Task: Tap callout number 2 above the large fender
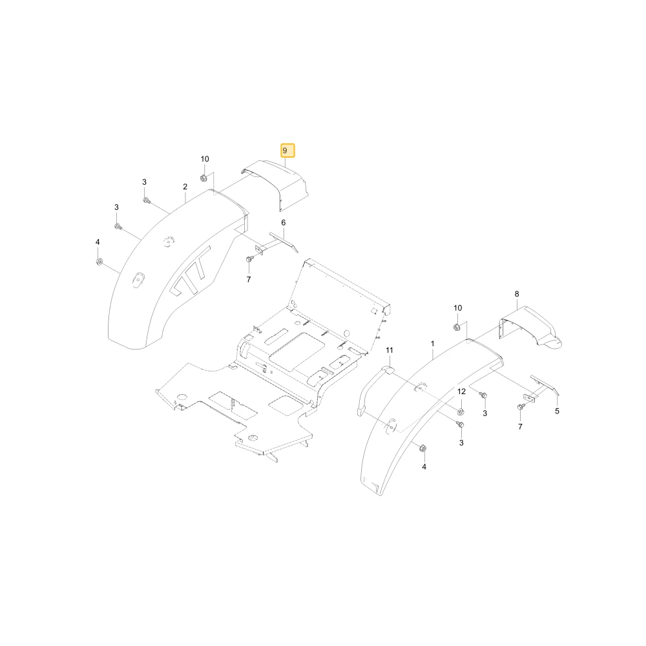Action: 185,187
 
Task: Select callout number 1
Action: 433,344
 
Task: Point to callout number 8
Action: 517,294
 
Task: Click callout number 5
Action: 557,411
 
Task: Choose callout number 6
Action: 284,223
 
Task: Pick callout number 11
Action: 390,350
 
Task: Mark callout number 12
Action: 461,391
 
